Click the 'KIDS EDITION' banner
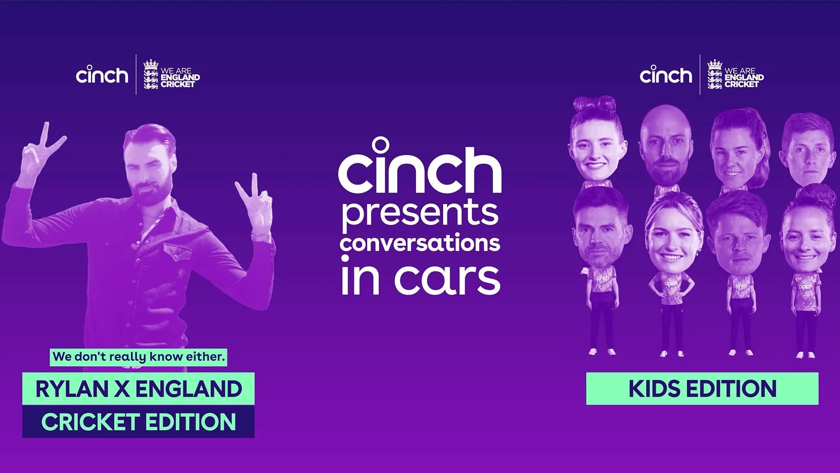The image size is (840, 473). (702, 388)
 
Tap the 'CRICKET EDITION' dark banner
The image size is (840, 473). (138, 421)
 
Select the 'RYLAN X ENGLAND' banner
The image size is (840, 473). (138, 388)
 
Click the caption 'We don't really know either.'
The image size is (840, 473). (138, 357)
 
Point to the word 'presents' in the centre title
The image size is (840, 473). (420, 213)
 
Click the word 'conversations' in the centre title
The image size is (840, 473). (420, 244)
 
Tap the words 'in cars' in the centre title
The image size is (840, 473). (420, 277)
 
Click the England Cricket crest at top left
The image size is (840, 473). (151, 74)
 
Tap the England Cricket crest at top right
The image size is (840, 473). (715, 74)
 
